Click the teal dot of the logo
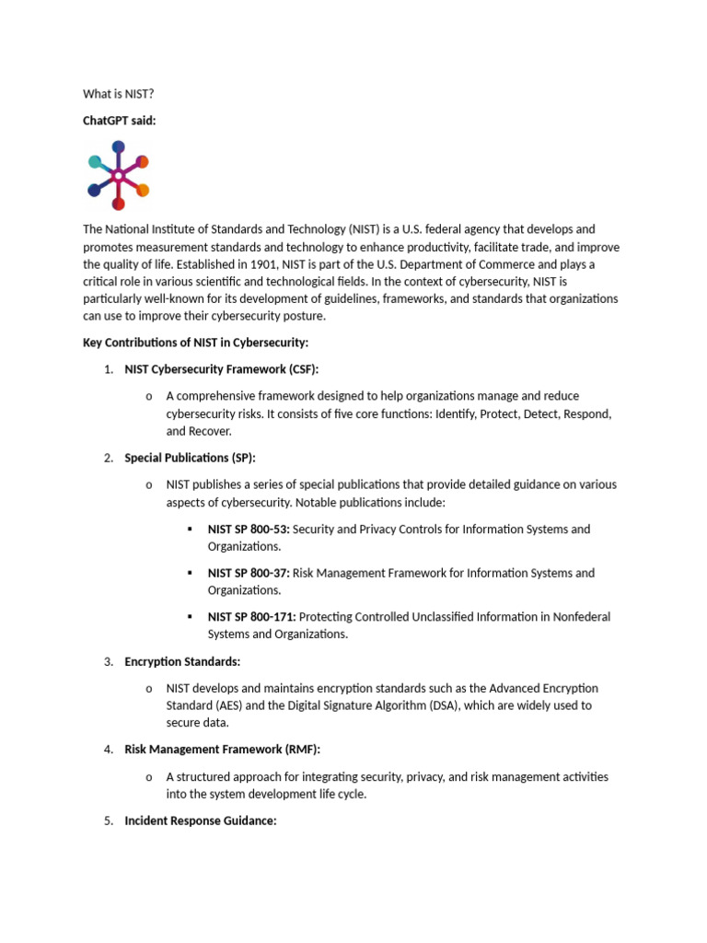click(x=95, y=162)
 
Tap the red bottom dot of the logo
click(x=118, y=204)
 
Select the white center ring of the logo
click(x=118, y=175)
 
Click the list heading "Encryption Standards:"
click(x=182, y=661)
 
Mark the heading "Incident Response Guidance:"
click(x=201, y=821)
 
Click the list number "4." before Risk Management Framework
click(x=108, y=750)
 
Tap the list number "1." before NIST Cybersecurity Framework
click(x=108, y=369)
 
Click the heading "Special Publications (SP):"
click(x=191, y=458)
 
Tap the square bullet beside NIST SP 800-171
click(x=189, y=617)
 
